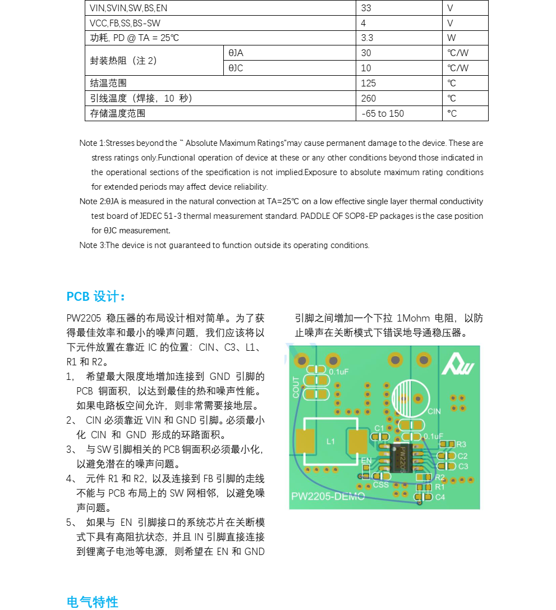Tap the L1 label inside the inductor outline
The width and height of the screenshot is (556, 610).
coord(330,442)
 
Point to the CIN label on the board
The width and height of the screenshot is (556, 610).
coord(434,411)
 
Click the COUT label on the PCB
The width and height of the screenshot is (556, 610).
coord(296,387)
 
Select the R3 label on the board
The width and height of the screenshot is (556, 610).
coord(461,444)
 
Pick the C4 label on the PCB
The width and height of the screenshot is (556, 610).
coord(440,497)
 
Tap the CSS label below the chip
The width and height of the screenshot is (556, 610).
coord(380,485)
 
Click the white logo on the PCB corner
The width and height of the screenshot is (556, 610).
coord(457,366)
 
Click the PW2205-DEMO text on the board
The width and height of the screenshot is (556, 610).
coord(328,497)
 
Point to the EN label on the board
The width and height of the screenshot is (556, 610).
coord(366,461)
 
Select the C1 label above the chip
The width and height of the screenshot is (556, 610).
coord(379,429)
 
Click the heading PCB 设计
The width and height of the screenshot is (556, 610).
coord(95,296)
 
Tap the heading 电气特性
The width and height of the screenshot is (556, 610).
coord(93,602)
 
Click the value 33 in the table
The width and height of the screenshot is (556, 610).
coord(366,8)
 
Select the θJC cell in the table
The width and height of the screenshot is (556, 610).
coord(236,68)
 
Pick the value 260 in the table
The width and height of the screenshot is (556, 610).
coord(369,98)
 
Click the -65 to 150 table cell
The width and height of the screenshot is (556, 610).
coord(383,113)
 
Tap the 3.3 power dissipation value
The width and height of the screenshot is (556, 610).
coord(367,38)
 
